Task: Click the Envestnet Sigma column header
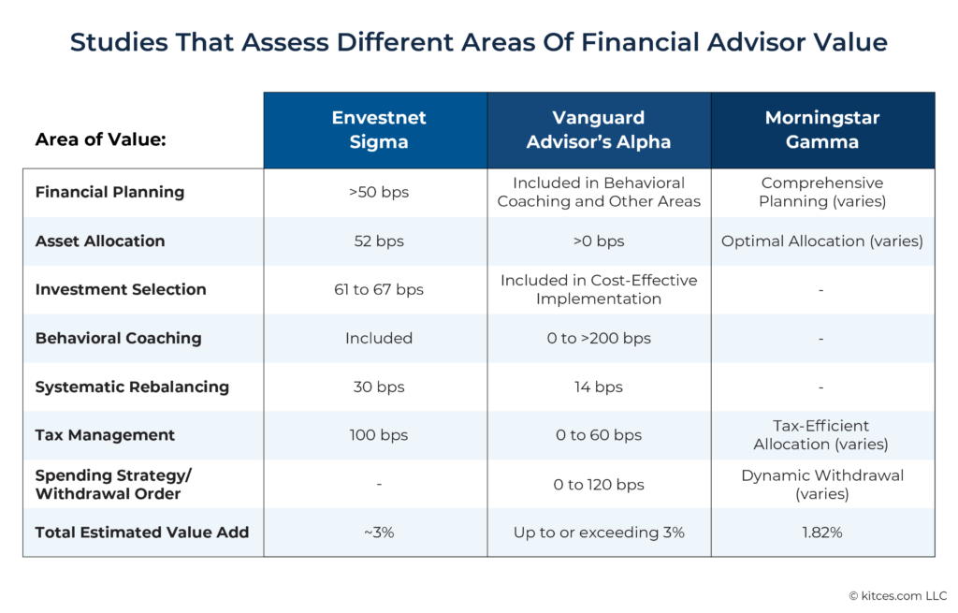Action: [x=378, y=129]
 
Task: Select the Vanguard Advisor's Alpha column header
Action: [x=599, y=129]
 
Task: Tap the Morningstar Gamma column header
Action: [x=821, y=129]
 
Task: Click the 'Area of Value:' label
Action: [x=100, y=140]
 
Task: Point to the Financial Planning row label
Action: [x=109, y=192]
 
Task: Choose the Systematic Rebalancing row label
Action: [x=131, y=387]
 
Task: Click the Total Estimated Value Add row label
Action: [x=141, y=533]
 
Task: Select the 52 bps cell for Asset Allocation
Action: [x=378, y=241]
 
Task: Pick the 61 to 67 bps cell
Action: [x=378, y=289]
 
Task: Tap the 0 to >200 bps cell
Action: [x=599, y=338]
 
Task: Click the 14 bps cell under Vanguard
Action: [x=599, y=387]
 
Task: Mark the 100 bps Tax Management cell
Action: [x=378, y=435]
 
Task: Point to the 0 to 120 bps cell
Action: [x=599, y=484]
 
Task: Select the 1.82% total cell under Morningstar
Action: [x=821, y=533]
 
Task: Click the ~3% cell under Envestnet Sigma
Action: [x=378, y=533]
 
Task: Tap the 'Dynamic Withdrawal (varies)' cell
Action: [x=821, y=484]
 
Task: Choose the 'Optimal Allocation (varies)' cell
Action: [x=821, y=241]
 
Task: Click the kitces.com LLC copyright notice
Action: [x=897, y=595]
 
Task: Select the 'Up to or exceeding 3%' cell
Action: [x=599, y=533]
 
